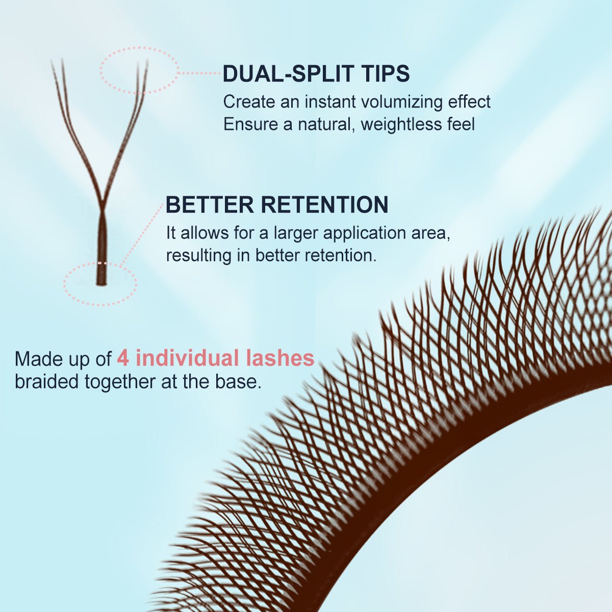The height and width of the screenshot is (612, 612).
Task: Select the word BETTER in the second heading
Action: (210, 205)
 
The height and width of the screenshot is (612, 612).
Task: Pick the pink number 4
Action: (123, 358)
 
